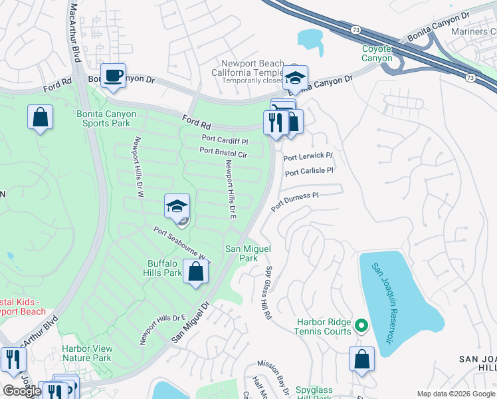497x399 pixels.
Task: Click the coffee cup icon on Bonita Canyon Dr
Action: pyautogui.click(x=112, y=74)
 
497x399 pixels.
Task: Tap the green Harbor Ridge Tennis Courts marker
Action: pyautogui.click(x=361, y=325)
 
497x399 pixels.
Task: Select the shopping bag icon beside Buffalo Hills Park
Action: pyautogui.click(x=195, y=272)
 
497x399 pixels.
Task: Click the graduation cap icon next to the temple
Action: pyautogui.click(x=295, y=77)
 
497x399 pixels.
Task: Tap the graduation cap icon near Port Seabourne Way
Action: pyautogui.click(x=177, y=205)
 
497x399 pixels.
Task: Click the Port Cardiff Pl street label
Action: pyautogui.click(x=225, y=141)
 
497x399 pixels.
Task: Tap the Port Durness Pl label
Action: pyautogui.click(x=295, y=200)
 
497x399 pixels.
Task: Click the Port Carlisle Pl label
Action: pyautogui.click(x=308, y=172)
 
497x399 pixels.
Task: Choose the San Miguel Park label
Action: pyautogui.click(x=248, y=253)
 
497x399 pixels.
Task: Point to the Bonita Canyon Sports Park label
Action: pyautogui.click(x=106, y=118)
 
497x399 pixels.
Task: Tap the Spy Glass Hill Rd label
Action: pyautogui.click(x=268, y=293)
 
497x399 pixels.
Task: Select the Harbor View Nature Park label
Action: pyautogui.click(x=86, y=353)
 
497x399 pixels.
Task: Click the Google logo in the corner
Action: pyautogui.click(x=22, y=391)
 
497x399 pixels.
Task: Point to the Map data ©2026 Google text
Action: pyautogui.click(x=455, y=394)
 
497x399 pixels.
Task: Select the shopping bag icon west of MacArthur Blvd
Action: pyautogui.click(x=40, y=117)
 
